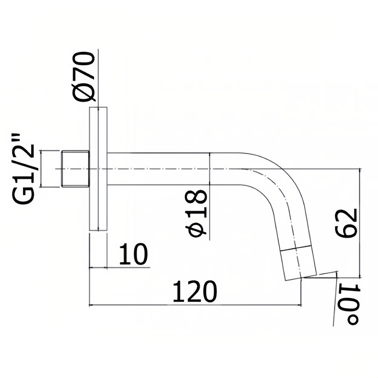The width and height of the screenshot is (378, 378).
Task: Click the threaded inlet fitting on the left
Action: (x=76, y=169)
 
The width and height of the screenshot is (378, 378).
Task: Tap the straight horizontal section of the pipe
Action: (x=161, y=169)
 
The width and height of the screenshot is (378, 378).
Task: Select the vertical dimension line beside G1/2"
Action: (x=42, y=169)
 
